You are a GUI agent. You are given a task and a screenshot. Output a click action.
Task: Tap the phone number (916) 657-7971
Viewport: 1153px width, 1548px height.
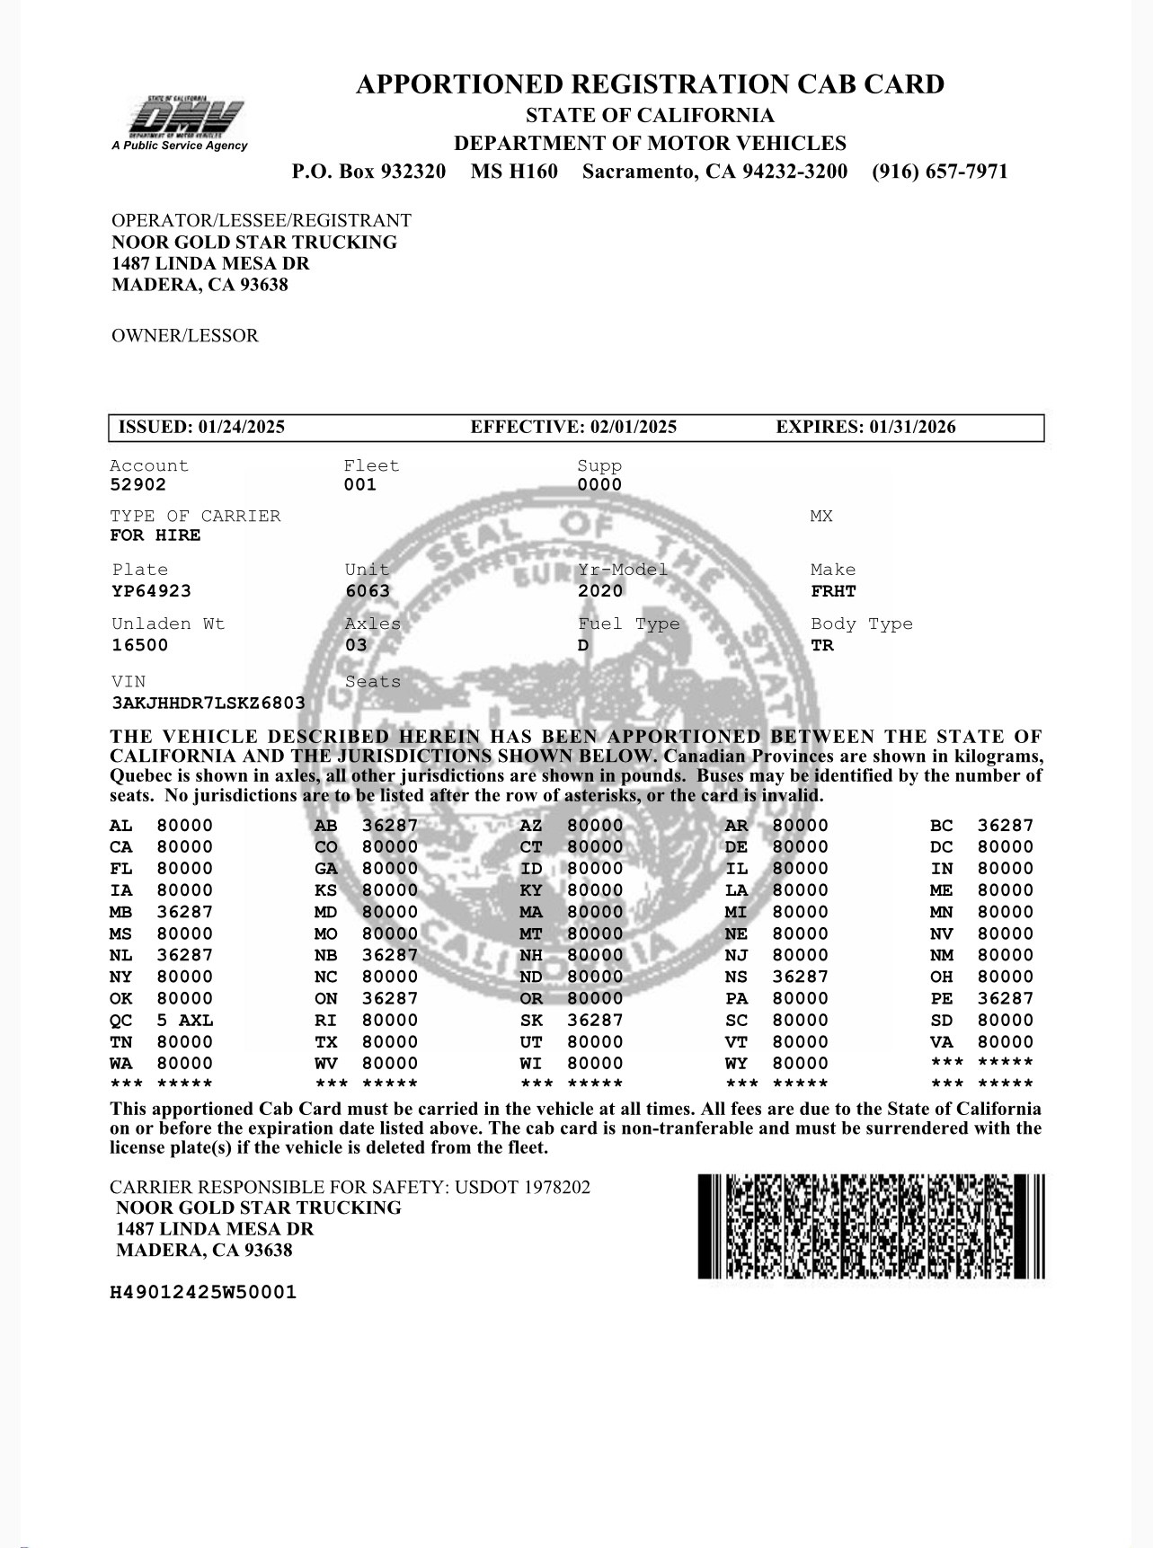click(939, 172)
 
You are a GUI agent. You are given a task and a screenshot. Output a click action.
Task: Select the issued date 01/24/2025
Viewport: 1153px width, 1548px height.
click(241, 428)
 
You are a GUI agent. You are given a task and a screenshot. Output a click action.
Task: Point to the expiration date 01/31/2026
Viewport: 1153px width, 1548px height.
click(912, 428)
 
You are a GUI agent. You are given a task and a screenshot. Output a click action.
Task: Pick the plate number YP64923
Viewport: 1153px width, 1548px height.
click(151, 591)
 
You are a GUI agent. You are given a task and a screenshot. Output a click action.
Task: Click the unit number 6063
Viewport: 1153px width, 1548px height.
click(368, 591)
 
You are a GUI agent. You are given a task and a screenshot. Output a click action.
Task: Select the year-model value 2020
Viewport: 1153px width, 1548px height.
click(600, 591)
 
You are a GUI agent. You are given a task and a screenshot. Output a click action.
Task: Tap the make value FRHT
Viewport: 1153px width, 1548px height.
click(833, 591)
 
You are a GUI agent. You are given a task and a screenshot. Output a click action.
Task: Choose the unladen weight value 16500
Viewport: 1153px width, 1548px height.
click(139, 645)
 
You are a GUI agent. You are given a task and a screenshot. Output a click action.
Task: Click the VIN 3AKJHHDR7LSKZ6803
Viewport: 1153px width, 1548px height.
click(208, 703)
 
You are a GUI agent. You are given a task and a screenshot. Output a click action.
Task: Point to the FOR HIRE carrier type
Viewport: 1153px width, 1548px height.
click(155, 535)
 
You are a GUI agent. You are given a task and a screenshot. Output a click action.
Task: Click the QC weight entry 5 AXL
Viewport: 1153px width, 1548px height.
click(185, 1021)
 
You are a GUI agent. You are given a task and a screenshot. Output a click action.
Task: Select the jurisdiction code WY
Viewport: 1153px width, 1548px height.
click(736, 1064)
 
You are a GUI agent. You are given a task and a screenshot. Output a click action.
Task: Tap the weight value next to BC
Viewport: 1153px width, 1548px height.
click(1006, 826)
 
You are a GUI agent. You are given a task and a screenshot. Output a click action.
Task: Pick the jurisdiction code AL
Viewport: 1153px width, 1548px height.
click(120, 826)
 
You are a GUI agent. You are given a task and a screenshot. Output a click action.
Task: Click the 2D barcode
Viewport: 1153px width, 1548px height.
click(871, 1226)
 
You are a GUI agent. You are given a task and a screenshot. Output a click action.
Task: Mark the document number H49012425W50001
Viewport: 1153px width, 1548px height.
click(203, 1293)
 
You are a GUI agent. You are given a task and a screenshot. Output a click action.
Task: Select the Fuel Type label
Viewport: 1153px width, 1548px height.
click(628, 624)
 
